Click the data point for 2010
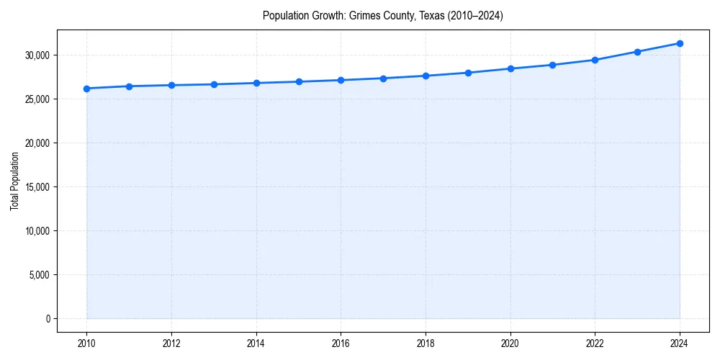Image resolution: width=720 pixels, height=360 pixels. tap(86, 89)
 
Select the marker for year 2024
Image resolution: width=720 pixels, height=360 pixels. tap(680, 43)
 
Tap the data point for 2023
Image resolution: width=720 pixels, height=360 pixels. tap(637, 52)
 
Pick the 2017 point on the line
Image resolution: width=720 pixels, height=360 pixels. tap(383, 78)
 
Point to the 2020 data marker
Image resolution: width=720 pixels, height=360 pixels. tap(510, 68)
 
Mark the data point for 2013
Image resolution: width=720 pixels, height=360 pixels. tap(214, 84)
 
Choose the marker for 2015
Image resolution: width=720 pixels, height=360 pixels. tap(299, 81)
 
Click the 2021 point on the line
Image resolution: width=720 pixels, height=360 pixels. tap(552, 65)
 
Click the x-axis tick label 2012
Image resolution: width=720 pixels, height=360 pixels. tap(171, 343)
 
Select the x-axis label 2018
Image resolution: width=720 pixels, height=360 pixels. tap(426, 343)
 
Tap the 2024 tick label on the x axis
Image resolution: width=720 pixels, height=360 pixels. tap(680, 343)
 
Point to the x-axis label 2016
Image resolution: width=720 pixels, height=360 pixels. tap(341, 343)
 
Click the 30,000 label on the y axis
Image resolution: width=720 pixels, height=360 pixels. tap(37, 55)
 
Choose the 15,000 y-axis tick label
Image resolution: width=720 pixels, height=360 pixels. tap(37, 187)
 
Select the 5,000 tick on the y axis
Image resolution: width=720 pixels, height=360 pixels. tap(39, 275)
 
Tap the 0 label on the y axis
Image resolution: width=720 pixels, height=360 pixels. tap(47, 319)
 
